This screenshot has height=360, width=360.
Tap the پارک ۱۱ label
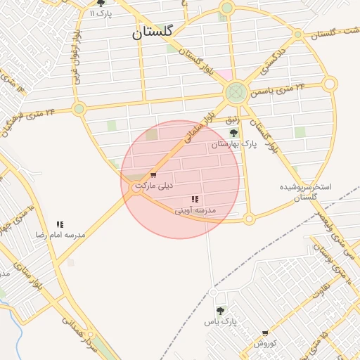click(x=101, y=13)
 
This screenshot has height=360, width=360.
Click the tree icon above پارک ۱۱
click(x=101, y=4)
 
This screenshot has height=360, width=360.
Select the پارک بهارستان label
click(x=234, y=143)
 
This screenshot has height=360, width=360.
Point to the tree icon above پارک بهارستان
click(x=234, y=132)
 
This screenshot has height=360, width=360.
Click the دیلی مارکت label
click(x=153, y=186)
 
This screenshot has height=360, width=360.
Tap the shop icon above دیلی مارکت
click(x=153, y=175)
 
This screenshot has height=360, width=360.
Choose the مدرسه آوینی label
click(x=195, y=210)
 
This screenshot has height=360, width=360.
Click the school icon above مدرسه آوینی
click(x=195, y=200)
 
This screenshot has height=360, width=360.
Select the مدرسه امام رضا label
click(x=61, y=235)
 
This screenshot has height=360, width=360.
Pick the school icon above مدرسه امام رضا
click(x=60, y=225)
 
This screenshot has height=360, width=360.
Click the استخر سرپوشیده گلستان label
click(x=310, y=193)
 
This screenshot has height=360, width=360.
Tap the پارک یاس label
click(x=217, y=321)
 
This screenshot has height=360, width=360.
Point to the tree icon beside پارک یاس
click(x=220, y=311)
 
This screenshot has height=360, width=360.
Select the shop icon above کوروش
click(x=265, y=333)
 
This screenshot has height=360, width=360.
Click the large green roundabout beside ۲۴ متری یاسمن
click(x=236, y=92)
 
